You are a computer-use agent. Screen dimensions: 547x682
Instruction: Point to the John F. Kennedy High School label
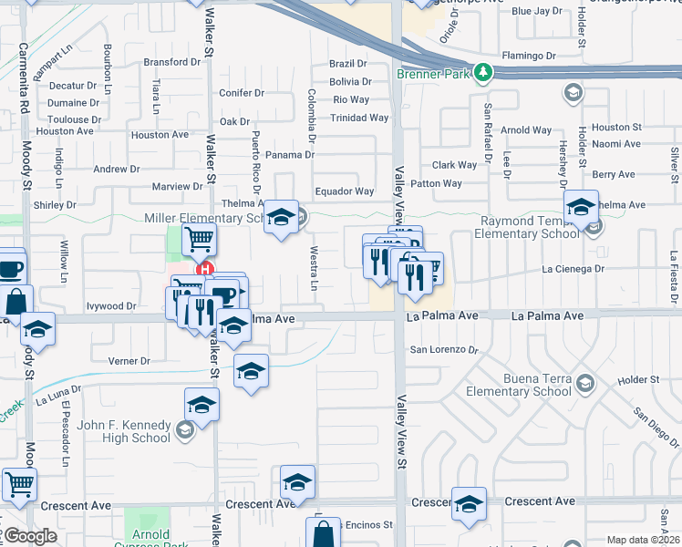point(124,431)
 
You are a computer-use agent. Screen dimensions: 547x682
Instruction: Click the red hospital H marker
point(205,270)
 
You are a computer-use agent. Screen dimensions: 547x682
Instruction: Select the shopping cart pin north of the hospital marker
point(198,240)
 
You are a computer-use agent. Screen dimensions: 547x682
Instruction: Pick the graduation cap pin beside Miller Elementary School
point(281,217)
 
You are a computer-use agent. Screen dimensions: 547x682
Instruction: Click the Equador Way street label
point(345,191)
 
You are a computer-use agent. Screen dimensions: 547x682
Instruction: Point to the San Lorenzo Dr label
point(444,349)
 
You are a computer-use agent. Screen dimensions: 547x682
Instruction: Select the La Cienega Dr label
point(573,269)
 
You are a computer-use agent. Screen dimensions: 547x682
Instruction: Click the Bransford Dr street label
point(171,63)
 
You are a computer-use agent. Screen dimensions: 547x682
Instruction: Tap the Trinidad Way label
point(359,118)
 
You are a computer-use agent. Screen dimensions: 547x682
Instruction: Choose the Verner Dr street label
point(129,361)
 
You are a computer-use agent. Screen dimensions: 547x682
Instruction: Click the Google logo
point(30,536)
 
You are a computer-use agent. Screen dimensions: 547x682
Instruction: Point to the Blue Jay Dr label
point(537,11)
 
